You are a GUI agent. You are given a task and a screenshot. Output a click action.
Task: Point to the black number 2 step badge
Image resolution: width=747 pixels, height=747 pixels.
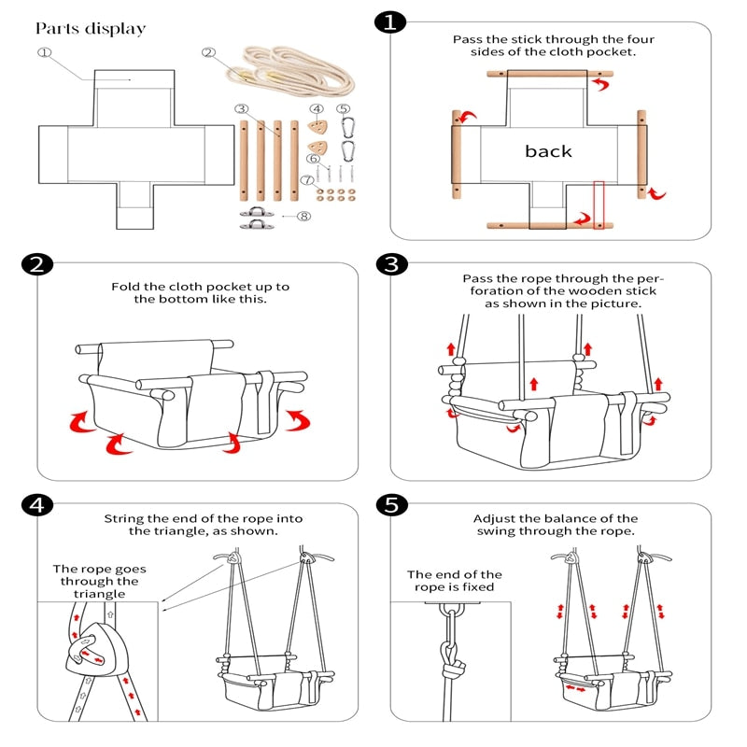tap(34, 264)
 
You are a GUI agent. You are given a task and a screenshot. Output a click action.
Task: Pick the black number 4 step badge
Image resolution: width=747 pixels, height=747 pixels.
tap(34, 505)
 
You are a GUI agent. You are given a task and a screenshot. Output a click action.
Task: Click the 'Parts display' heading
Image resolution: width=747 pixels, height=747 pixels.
tap(91, 29)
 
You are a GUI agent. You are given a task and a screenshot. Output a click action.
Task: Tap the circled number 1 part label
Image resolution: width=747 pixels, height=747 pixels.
tap(44, 53)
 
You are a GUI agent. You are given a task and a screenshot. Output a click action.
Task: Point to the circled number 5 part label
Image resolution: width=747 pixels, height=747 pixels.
tap(344, 109)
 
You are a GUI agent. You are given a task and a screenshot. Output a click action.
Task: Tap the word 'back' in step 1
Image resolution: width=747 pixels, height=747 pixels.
tap(548, 151)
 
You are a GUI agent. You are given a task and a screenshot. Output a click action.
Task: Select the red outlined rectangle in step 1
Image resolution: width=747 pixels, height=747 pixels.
tap(599, 204)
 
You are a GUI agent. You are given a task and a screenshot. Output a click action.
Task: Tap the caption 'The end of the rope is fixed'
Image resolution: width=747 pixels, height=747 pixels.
tap(454, 581)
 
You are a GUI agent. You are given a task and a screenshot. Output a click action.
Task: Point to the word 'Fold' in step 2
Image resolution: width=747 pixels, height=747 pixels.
tap(126, 287)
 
